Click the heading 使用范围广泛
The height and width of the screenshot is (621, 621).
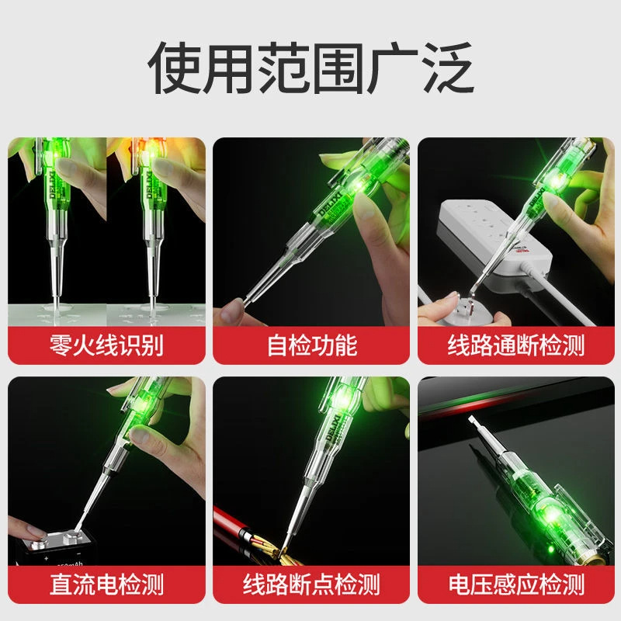pyautogui.click(x=310, y=68)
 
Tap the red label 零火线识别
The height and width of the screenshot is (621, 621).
pyautogui.click(x=107, y=344)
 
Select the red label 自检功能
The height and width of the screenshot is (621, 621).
pyautogui.click(x=311, y=344)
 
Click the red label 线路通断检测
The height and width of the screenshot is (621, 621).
pyautogui.click(x=515, y=344)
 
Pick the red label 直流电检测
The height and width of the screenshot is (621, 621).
pyautogui.click(x=107, y=582)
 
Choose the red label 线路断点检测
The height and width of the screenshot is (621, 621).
pyautogui.click(x=311, y=582)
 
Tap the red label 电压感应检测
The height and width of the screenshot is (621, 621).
pyautogui.click(x=515, y=582)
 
